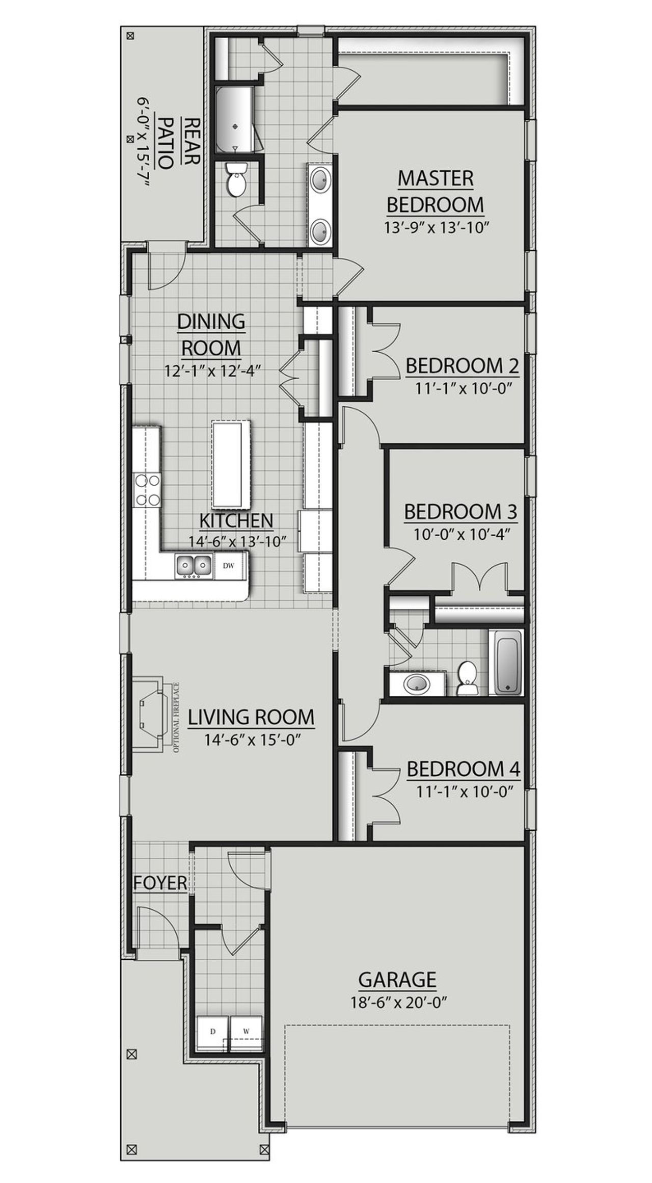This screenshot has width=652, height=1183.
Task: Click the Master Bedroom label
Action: point(435,192)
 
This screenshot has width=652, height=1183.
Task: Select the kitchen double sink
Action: point(194,565)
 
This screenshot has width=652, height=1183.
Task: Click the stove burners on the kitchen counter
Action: point(147,489)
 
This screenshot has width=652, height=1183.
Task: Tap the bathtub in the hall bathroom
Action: point(505,662)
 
